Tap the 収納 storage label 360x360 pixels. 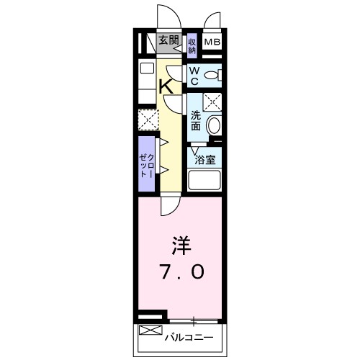coord(192,46)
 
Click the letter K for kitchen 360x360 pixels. coord(165,86)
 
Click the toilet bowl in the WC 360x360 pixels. coord(212,75)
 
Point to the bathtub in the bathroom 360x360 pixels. coord(204,180)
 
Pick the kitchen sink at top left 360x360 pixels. coord(146,69)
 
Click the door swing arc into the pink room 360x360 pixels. coord(170,205)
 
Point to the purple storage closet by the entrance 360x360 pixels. coord(192,46)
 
